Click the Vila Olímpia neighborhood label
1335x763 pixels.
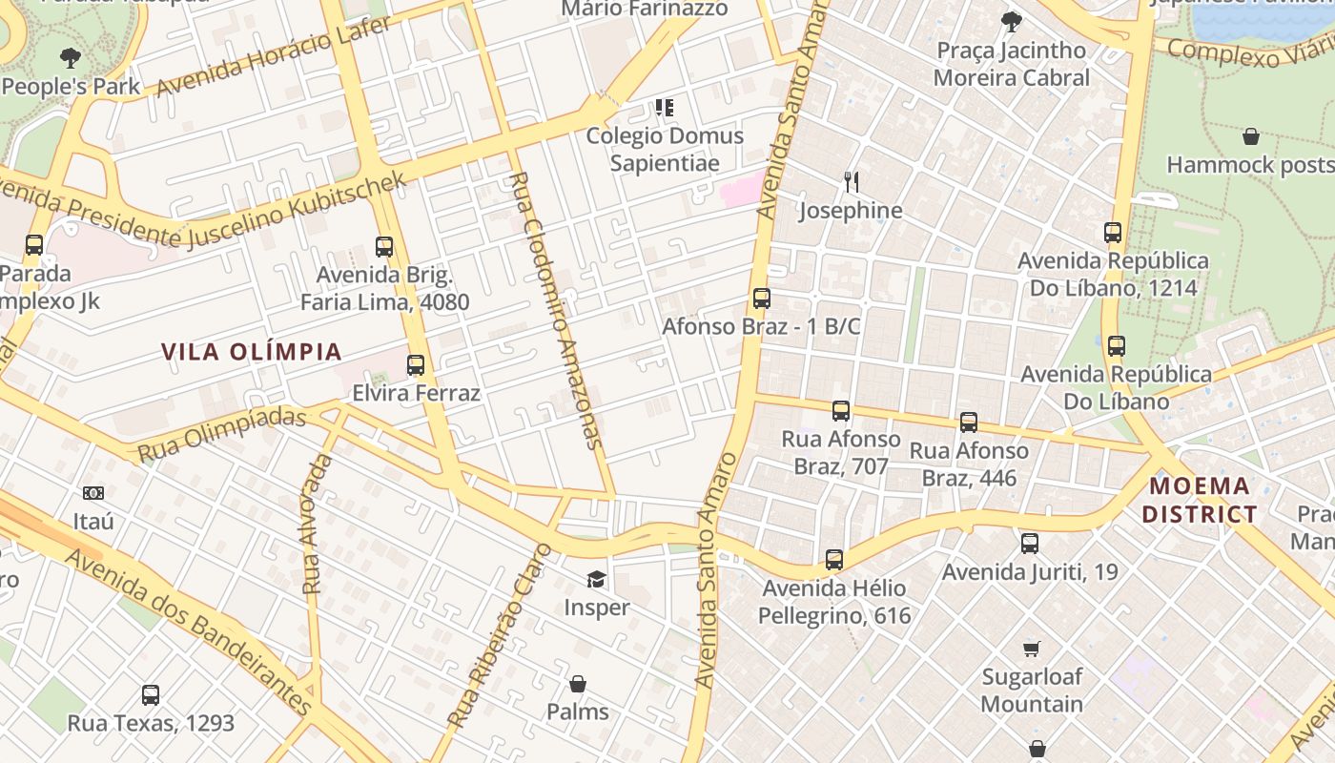[252, 352]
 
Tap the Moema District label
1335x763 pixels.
[1200, 501]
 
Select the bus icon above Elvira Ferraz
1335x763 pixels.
[415, 365]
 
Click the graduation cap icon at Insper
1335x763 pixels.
[596, 579]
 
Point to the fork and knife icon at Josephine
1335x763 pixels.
[852, 181]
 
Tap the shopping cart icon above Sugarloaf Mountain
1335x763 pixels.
[1031, 649]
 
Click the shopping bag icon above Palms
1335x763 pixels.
[577, 684]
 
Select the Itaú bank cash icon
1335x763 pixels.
[93, 493]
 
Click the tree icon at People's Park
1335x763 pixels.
[70, 58]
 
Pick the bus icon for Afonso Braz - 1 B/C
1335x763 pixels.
[761, 299]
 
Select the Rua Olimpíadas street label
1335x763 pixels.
[222, 434]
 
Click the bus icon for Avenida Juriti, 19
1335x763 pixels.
[1030, 544]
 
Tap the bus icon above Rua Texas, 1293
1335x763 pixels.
[150, 695]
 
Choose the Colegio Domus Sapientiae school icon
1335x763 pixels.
[665, 108]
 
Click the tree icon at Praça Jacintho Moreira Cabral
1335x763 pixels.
[1012, 21]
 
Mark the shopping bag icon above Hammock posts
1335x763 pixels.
[1250, 136]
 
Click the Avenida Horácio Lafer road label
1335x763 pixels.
[274, 57]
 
